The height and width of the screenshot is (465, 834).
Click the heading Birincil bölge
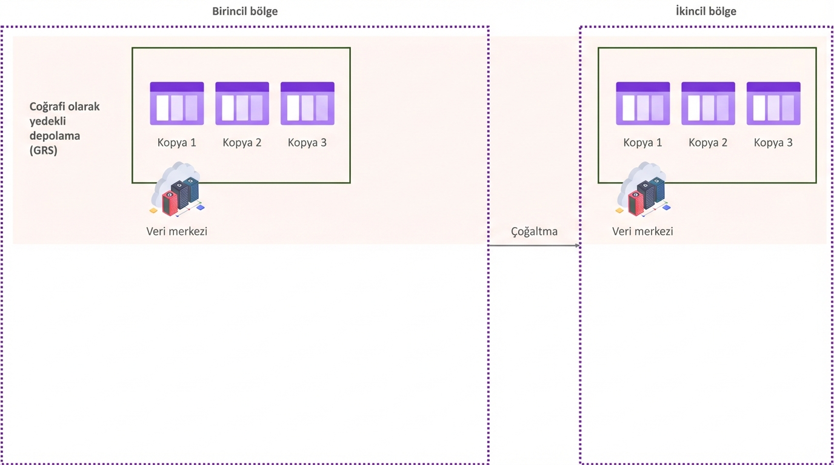click(x=245, y=12)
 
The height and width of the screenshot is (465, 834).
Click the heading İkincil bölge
click(x=706, y=12)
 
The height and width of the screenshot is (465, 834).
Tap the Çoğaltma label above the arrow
click(x=534, y=231)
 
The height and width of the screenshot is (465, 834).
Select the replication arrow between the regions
click(x=534, y=245)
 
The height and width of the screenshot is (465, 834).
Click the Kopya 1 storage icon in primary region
click(x=177, y=104)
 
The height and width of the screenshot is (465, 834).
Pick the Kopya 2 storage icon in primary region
click(x=242, y=104)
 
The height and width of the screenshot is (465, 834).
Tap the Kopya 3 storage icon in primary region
click(x=307, y=104)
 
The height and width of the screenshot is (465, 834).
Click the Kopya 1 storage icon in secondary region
click(x=643, y=104)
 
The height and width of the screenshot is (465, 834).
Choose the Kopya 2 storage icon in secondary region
click(x=708, y=104)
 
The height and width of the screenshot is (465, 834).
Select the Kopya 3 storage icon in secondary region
click(x=773, y=104)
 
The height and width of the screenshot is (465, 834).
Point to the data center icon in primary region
click(x=177, y=189)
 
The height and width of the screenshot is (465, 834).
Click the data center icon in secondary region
click(x=644, y=189)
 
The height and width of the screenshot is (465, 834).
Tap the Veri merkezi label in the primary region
click(x=177, y=231)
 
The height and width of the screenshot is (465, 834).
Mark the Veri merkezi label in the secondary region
click(x=642, y=231)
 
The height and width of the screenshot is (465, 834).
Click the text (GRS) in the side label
click(x=44, y=151)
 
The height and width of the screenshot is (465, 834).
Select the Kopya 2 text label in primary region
click(x=242, y=143)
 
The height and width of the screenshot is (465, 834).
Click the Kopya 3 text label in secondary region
click(x=773, y=143)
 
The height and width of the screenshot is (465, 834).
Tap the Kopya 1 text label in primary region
click(x=177, y=143)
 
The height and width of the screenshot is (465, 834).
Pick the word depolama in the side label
click(x=55, y=136)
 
